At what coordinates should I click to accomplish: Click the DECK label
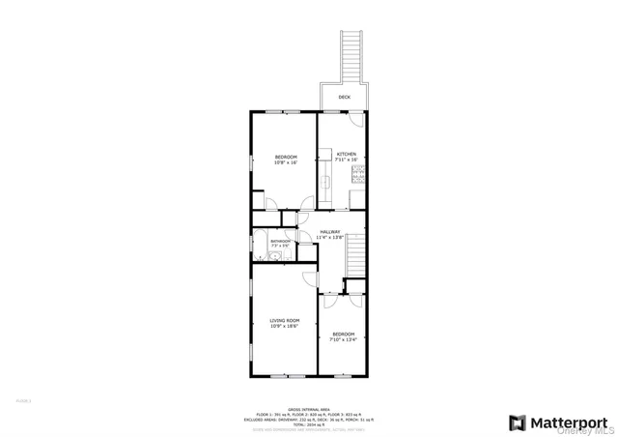pos(344,98)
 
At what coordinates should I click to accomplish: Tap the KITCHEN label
pos(346,155)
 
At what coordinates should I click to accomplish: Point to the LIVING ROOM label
pos(285,320)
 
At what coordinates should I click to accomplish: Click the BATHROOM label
pos(279,241)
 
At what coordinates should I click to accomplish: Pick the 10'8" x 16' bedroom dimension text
pos(285,162)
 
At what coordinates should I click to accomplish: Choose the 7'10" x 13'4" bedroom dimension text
pos(343,339)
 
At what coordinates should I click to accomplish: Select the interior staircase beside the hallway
pos(356,255)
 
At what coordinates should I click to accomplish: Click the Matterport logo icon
pos(518,422)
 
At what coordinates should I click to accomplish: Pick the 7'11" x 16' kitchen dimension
pos(346,160)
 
